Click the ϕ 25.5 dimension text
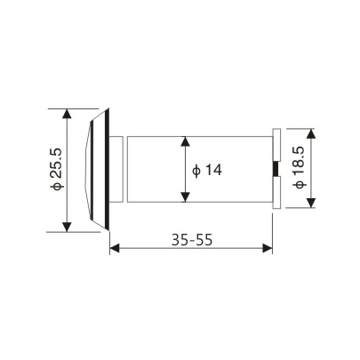coord(57,169)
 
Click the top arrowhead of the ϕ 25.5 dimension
coord(68,113)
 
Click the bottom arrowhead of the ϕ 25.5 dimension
coord(68,227)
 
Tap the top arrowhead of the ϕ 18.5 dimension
coord(311,130)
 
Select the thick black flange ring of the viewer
coord(108,169)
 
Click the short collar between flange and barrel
coord(119,169)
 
